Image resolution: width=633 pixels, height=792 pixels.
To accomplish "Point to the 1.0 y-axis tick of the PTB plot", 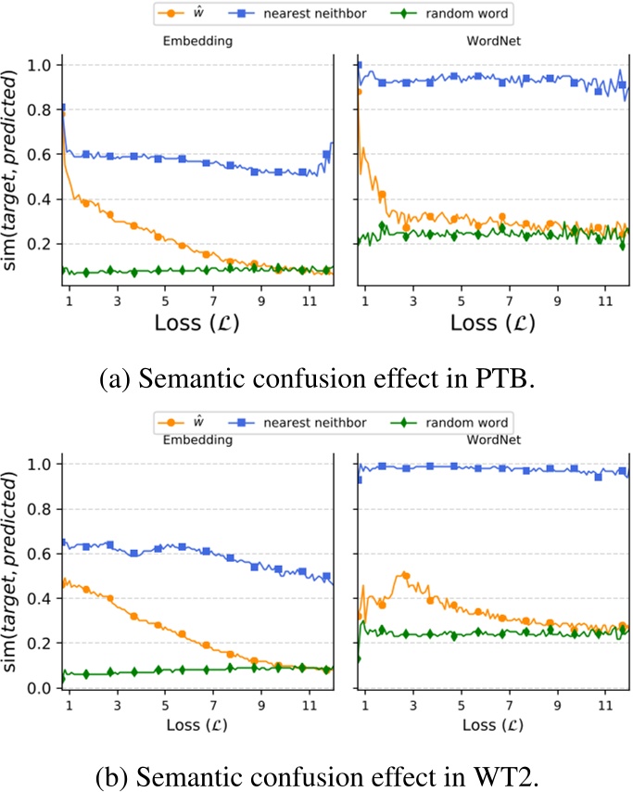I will (x=42, y=65).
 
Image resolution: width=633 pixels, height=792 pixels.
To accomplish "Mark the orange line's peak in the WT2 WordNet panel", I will (x=404, y=575).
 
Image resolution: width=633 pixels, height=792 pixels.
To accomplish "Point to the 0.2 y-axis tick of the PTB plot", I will (x=42, y=244).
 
